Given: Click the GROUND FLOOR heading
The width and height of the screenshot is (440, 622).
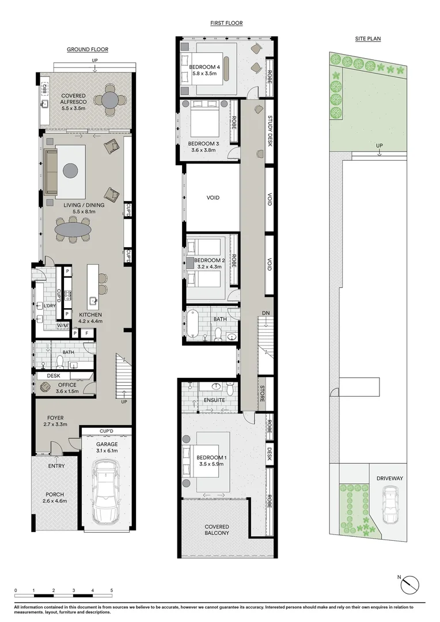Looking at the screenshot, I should [88, 50].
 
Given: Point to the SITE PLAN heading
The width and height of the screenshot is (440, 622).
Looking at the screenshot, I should [367, 39].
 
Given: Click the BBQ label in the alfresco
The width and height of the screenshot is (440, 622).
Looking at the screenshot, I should [44, 92].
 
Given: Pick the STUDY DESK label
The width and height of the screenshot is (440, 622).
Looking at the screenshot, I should [270, 131].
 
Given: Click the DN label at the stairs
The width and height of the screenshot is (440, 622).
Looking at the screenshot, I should [265, 313].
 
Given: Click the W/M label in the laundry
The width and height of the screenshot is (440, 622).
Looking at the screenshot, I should [62, 326].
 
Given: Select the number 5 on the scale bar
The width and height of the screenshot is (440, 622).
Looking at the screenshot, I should [111, 590].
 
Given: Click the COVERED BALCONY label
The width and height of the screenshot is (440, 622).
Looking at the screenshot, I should [217, 530].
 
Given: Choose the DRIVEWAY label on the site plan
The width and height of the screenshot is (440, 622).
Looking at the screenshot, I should [390, 478].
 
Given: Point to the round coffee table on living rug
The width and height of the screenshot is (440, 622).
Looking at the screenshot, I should [70, 170].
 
